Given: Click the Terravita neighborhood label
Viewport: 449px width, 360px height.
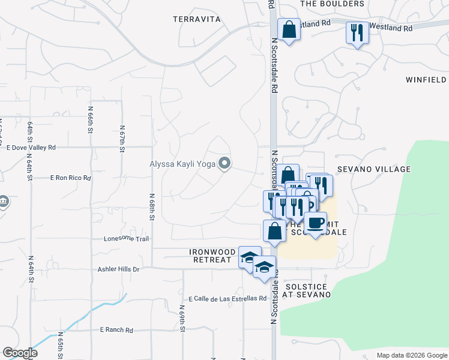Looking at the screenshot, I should pyautogui.click(x=197, y=19).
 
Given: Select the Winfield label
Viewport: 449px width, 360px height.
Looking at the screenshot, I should pyautogui.click(x=426, y=79).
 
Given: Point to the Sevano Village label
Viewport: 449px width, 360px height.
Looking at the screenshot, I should pyautogui.click(x=373, y=169).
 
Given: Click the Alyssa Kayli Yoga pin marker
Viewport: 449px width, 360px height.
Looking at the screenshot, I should pyautogui.click(x=224, y=163).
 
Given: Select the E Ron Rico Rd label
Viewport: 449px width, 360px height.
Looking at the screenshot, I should pyautogui.click(x=70, y=178).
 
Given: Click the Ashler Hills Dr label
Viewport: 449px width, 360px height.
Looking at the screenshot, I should pyautogui.click(x=118, y=269).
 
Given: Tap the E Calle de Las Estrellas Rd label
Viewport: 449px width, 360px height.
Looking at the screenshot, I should pyautogui.click(x=227, y=299).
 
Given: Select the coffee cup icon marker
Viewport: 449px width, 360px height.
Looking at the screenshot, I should pyautogui.click(x=316, y=224).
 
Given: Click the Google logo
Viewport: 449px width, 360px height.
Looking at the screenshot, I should pyautogui.click(x=20, y=353).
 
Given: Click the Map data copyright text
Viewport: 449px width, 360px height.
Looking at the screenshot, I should pyautogui.click(x=411, y=355).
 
